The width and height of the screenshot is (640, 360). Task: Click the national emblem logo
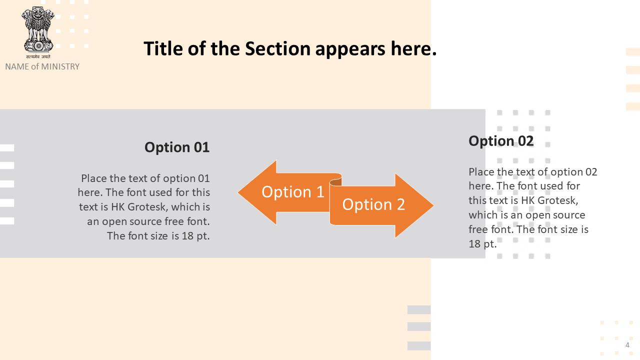(38, 29)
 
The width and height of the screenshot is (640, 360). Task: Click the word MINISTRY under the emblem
(60, 66)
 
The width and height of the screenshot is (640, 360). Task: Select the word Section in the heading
(277, 48)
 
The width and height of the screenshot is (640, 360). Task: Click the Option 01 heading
(177, 147)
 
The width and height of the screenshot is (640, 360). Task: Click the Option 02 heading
(501, 141)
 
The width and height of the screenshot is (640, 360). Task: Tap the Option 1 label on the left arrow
(293, 191)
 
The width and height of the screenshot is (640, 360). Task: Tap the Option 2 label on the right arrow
(373, 204)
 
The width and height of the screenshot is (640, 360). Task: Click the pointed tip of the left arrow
(238, 192)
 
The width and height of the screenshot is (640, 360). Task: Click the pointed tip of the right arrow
(433, 205)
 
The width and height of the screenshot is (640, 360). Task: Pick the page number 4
(627, 345)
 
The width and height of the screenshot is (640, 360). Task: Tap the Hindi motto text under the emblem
(38, 56)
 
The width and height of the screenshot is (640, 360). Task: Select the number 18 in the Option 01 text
(187, 236)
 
